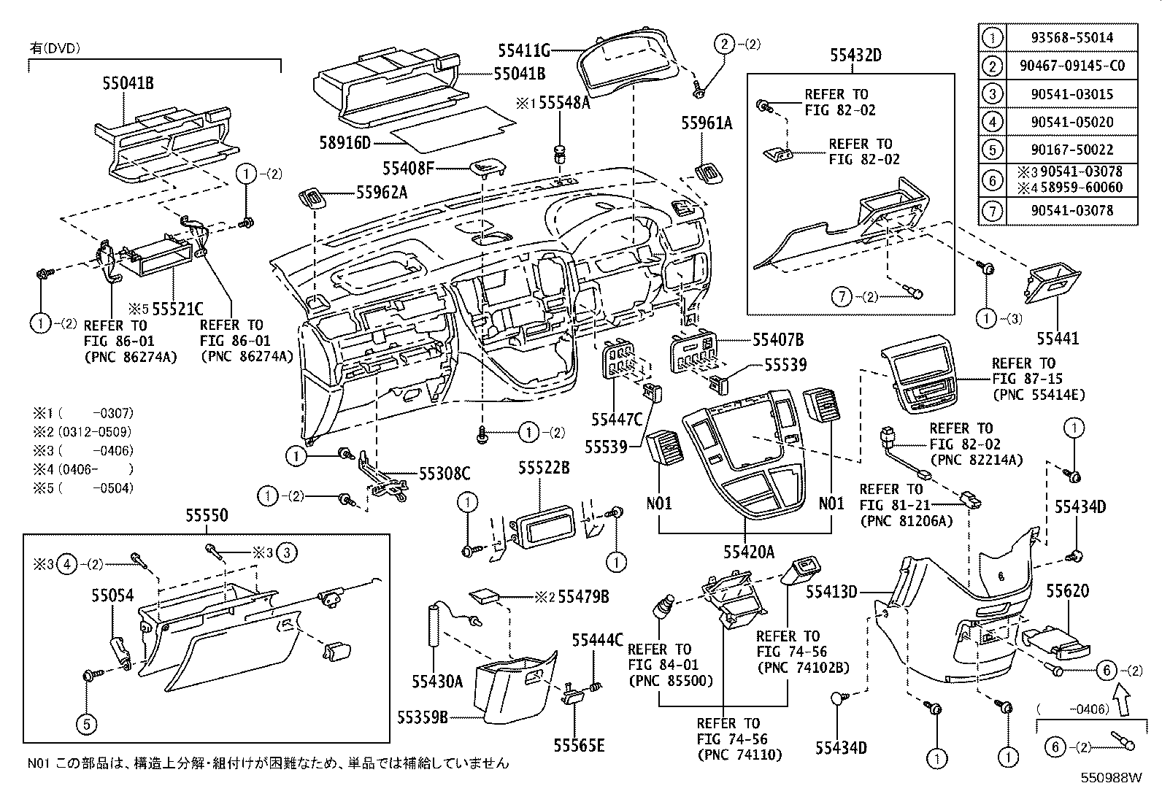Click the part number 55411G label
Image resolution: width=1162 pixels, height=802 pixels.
[x=524, y=50]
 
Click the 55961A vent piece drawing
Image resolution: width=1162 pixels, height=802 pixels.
[x=708, y=174]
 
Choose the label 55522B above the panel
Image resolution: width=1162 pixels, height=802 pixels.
[x=544, y=468]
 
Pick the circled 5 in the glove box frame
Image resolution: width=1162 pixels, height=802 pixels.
[x=86, y=724]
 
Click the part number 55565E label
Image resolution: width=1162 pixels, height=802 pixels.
[x=578, y=745]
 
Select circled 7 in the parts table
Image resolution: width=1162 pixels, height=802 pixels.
[x=991, y=211]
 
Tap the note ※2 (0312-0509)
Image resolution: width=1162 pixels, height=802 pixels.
[x=82, y=432]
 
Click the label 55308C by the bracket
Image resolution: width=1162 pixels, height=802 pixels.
[x=444, y=474]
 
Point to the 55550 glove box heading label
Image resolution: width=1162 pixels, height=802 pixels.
[x=206, y=516]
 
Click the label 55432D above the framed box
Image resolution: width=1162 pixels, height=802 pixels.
[x=855, y=55]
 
